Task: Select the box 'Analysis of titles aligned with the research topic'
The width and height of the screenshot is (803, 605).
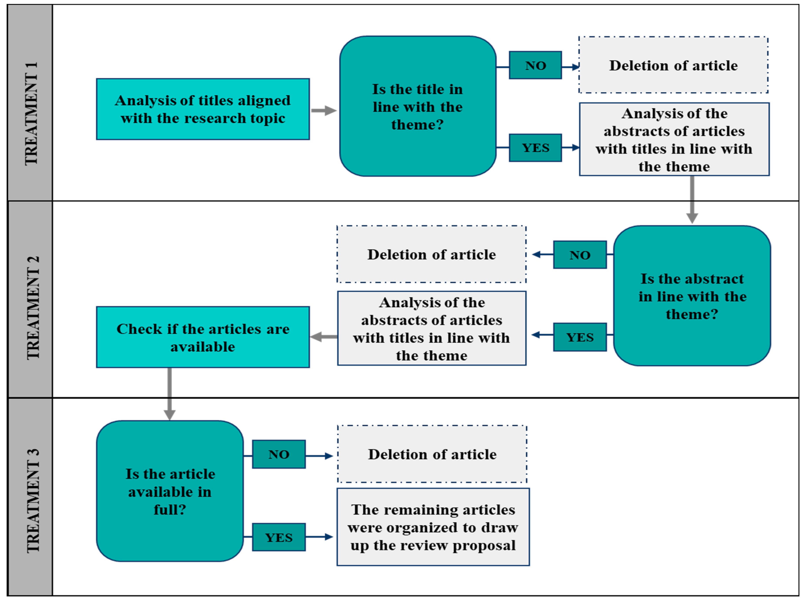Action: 203,109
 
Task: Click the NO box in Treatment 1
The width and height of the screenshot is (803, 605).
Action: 535,65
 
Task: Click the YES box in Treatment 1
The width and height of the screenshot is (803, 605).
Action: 535,148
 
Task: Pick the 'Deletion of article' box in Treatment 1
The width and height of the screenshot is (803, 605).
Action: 673,65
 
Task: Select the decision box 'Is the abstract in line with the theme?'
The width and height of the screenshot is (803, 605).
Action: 692,296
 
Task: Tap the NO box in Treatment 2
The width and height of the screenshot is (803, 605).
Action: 580,255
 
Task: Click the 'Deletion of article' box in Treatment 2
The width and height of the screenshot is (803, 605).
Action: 431,254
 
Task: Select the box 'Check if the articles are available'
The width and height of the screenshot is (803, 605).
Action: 203,337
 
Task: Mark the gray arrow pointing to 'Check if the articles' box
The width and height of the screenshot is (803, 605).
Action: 324,337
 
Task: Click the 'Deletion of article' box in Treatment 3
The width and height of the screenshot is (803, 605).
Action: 432,454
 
